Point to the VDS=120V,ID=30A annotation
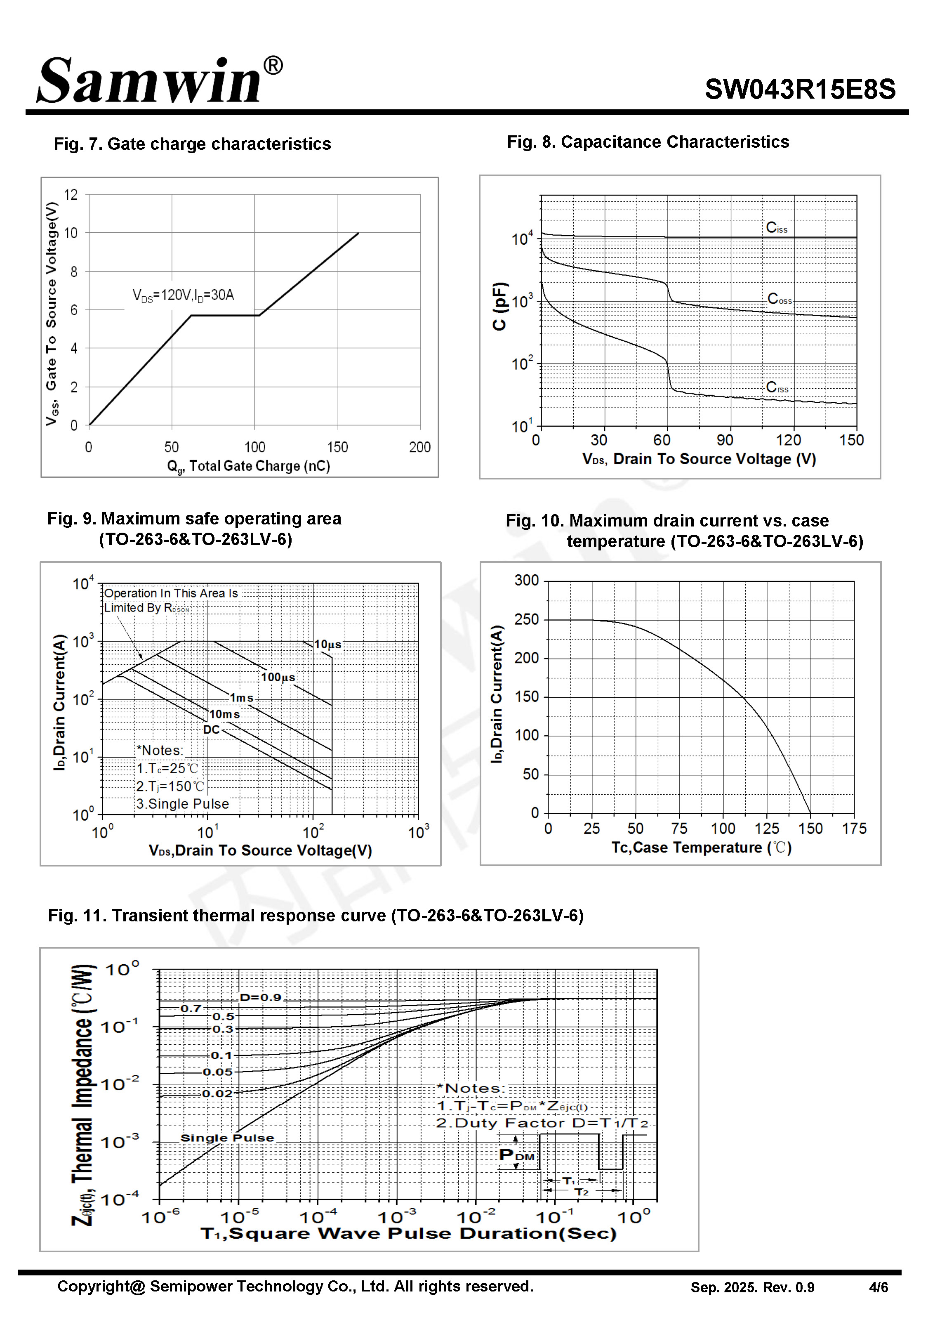pyautogui.click(x=183, y=295)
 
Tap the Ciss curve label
pyautogui.click(x=776, y=227)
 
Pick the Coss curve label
pyautogui.click(x=779, y=299)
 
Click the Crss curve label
pyautogui.click(x=777, y=387)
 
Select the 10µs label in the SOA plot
pyautogui.click(x=327, y=645)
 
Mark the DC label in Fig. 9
pyautogui.click(x=211, y=730)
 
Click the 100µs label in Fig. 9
pyautogui.click(x=278, y=678)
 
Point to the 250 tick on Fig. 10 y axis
pyautogui.click(x=527, y=619)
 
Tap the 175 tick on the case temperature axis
pyautogui.click(x=854, y=829)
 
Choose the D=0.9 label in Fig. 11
pyautogui.click(x=261, y=997)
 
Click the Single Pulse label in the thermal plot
pyautogui.click(x=227, y=1138)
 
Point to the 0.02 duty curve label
pyautogui.click(x=217, y=1094)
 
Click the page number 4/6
pyautogui.click(x=878, y=1287)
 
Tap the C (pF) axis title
pyautogui.click(x=499, y=307)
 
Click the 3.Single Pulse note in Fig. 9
pyautogui.click(x=183, y=804)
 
